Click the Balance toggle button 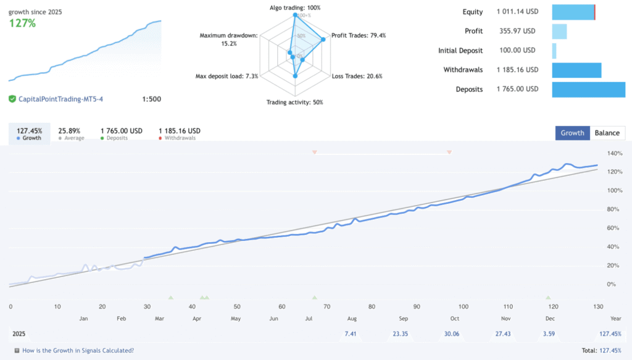607,133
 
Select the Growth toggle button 572,133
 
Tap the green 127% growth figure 22,23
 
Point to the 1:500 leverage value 151,99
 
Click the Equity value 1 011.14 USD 517,12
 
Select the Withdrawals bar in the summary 576,70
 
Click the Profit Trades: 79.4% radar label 359,35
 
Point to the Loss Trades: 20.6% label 357,76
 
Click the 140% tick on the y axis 615,153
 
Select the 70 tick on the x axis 327,306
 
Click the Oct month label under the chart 454,318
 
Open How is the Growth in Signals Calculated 78,351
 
